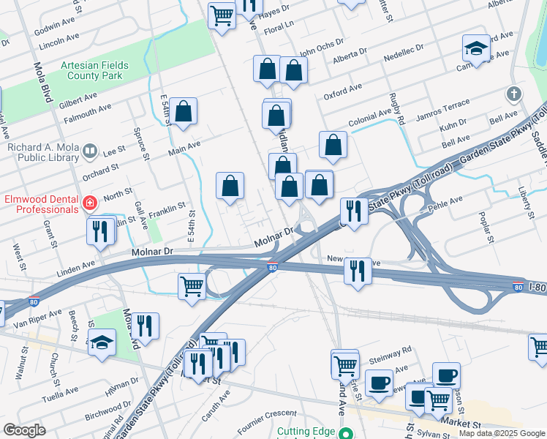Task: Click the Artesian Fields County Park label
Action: coord(94,70)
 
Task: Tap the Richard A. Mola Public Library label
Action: coord(42,151)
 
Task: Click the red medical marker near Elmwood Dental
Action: coord(90,203)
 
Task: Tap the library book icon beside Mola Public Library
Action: coord(90,151)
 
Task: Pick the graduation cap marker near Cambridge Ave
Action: coord(476,49)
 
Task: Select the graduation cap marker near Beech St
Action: coord(102,342)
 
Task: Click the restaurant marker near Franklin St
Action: coord(99,230)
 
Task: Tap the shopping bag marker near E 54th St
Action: coord(184,112)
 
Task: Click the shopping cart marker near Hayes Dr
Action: coord(221,14)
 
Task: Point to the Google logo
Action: coord(25,430)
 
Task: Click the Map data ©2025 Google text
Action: coord(502,433)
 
